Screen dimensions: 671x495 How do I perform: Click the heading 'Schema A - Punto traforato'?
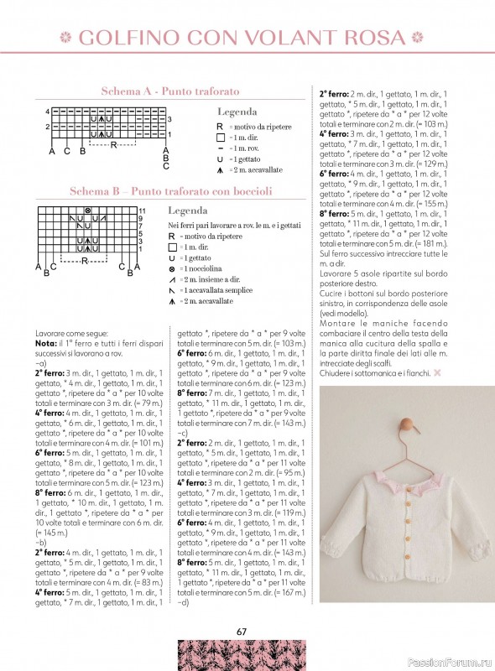(170, 91)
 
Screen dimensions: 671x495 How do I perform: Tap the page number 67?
(242, 632)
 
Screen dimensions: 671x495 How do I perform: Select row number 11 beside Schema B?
(143, 211)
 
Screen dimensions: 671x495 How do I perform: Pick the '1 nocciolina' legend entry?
(203, 269)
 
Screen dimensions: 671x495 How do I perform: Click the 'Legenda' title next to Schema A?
(237, 112)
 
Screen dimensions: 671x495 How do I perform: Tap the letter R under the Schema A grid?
(112, 144)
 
